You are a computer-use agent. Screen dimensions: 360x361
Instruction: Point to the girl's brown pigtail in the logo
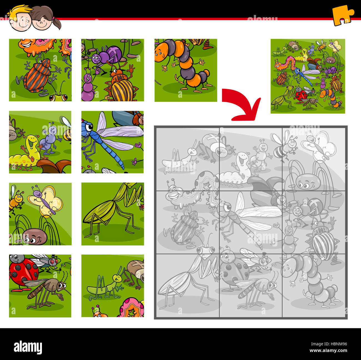coord(57,23)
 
